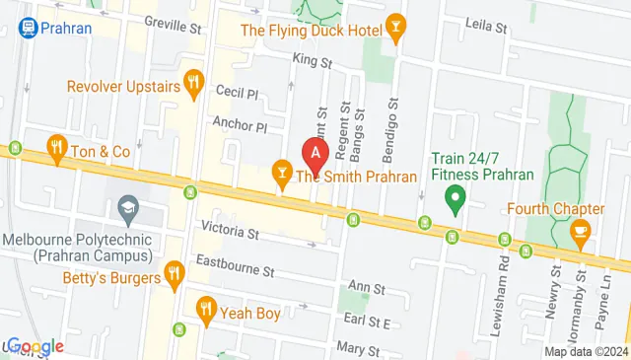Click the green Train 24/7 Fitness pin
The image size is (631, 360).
[455, 203]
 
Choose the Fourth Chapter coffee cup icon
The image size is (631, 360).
[580, 232]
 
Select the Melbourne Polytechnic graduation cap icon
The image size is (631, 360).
[127, 208]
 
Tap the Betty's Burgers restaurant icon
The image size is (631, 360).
[175, 271]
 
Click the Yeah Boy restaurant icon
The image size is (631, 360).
[206, 309]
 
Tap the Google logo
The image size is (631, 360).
[35, 346]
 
